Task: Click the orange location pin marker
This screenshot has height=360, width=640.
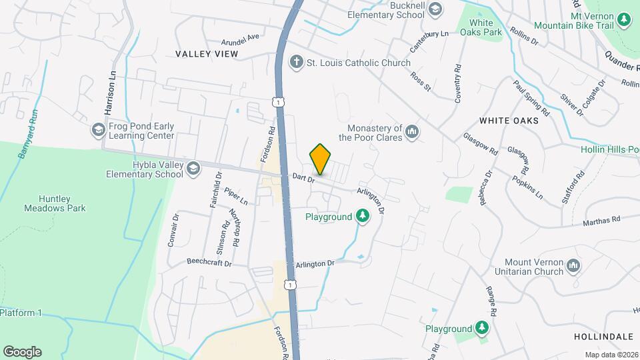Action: click(x=321, y=159)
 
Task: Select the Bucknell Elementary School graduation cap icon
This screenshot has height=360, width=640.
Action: click(x=435, y=9)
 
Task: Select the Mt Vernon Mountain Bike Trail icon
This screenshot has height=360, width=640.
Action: click(x=624, y=19)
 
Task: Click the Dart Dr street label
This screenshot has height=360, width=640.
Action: click(x=303, y=177)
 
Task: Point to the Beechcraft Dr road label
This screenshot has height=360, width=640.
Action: click(x=209, y=263)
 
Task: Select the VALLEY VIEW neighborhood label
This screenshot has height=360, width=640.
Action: click(x=207, y=53)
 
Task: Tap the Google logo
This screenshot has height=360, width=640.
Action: click(x=22, y=351)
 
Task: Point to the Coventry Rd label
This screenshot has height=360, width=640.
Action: click(x=458, y=83)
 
